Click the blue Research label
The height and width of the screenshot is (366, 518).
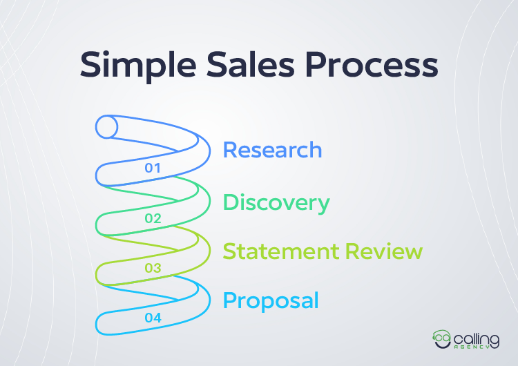pos(272,150)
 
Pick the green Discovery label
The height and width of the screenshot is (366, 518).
pos(276,203)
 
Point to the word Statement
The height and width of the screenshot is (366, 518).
pos(279,251)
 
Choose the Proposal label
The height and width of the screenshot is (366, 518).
pos(270,301)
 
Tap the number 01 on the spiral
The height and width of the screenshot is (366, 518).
pos(152,168)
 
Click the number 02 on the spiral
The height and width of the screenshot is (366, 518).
pos(153,219)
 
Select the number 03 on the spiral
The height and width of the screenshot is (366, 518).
pos(152,268)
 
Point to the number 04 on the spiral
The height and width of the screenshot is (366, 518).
pos(153,318)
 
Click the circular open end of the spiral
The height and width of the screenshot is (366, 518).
pos(106,127)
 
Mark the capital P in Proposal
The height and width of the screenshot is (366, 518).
pos(229,301)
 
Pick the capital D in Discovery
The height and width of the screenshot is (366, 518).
pos(231,203)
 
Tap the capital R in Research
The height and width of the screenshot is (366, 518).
pos(229,150)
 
